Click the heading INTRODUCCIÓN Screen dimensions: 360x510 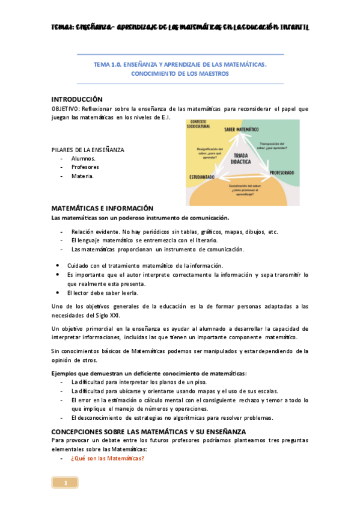click(77, 99)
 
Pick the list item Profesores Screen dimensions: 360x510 click(85, 167)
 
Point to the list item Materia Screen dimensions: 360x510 click(82, 176)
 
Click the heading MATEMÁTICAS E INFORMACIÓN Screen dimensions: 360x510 click(102, 208)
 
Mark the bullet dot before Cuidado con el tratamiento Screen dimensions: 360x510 click(56, 265)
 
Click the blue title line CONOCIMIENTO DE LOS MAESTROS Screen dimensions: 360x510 click(180, 74)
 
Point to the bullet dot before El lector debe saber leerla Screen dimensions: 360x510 click(56, 293)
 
